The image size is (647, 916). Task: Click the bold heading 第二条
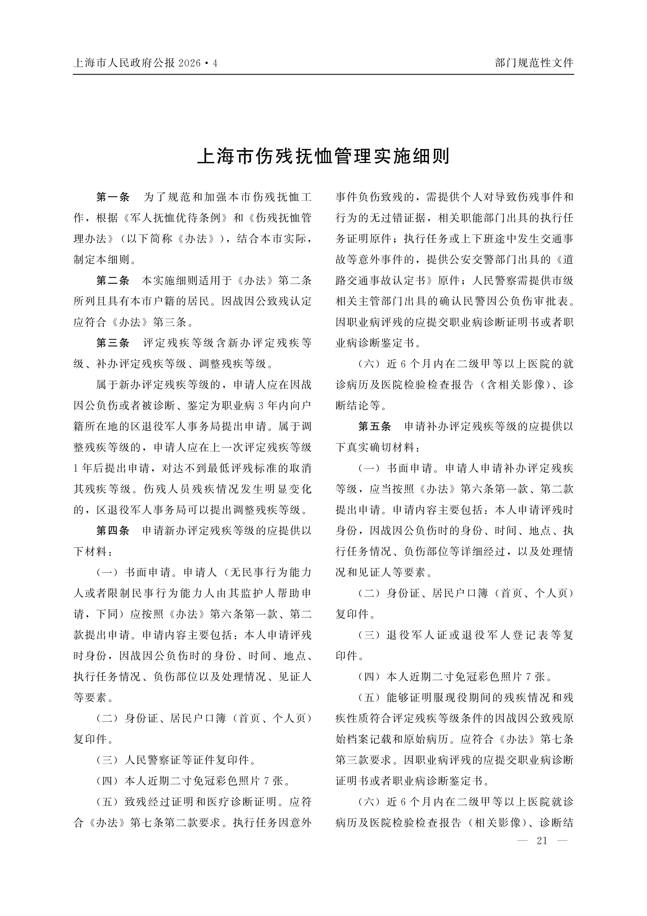[113, 280]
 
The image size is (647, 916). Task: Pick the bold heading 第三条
[113, 343]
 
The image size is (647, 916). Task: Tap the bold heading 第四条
[113, 531]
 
